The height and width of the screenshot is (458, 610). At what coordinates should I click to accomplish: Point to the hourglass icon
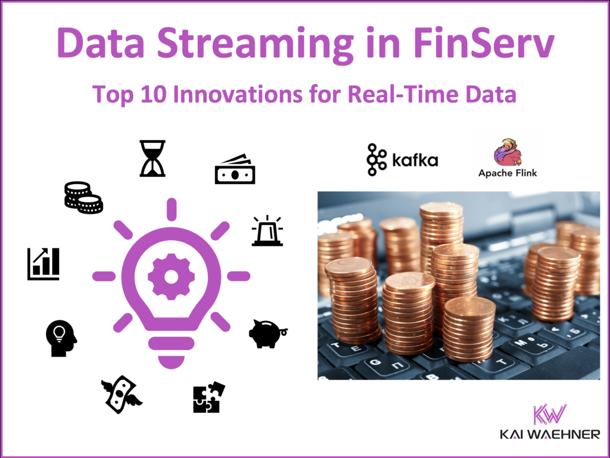coord(152,158)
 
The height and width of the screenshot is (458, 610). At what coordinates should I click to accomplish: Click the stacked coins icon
coord(83,198)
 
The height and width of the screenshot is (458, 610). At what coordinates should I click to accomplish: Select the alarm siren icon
coord(267,231)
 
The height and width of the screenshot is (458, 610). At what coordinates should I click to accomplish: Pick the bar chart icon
coord(43,264)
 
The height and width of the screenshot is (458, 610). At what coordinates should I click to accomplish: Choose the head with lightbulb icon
coord(61,338)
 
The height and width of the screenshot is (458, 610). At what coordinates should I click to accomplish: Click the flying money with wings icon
coord(122,394)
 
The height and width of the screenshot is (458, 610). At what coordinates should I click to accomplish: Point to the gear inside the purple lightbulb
coord(171,276)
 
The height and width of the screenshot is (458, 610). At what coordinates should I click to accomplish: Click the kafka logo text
coord(415,160)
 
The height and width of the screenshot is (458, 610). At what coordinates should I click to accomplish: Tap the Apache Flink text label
coord(508,174)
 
